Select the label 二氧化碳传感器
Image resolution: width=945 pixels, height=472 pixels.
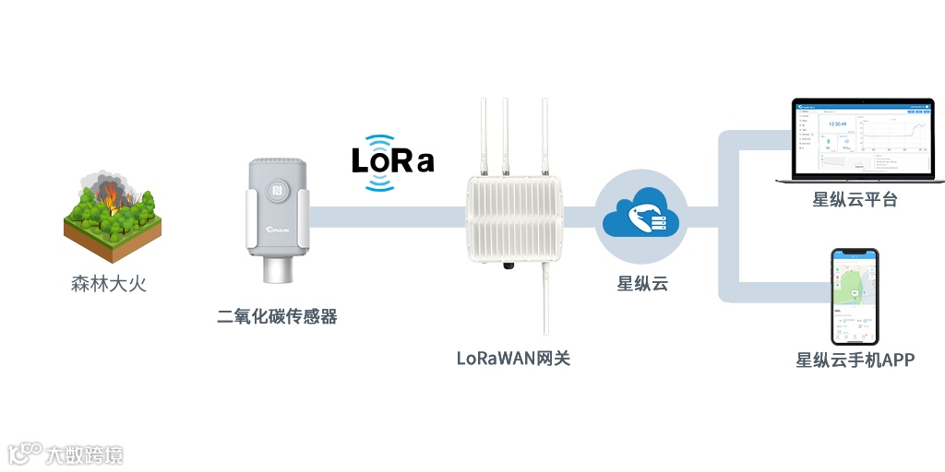(277, 317)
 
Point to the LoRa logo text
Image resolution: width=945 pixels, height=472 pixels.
(392, 161)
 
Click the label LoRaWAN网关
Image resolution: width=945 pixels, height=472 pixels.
(514, 358)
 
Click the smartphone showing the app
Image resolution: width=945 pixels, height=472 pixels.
(855, 295)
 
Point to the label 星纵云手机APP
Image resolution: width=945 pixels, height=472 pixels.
(855, 360)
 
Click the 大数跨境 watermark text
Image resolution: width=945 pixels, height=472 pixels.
(87, 454)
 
